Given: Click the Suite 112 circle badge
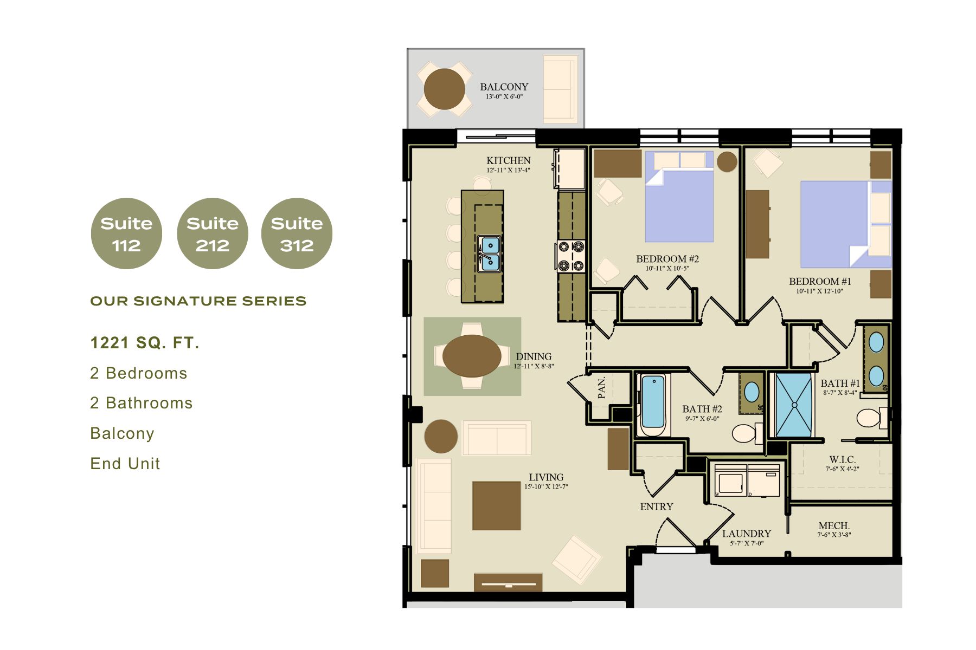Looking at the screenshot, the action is click(126, 233).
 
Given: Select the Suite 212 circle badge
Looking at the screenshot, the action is click(213, 233).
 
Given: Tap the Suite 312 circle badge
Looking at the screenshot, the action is click(297, 233).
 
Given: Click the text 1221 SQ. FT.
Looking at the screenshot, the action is click(145, 343).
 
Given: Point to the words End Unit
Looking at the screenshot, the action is click(125, 464).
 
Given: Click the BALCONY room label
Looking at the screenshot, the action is click(504, 87).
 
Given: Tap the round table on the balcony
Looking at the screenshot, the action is click(444, 89).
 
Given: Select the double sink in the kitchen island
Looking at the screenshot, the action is click(489, 253).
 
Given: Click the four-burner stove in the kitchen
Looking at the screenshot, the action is click(572, 256).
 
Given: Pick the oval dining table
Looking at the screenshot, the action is click(472, 356).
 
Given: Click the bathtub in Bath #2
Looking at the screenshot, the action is click(653, 405).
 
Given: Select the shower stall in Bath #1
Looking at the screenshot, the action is click(794, 405).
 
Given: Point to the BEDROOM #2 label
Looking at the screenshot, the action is click(667, 259).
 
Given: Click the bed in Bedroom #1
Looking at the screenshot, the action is click(846, 224).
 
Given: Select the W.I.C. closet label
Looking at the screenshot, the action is click(842, 460).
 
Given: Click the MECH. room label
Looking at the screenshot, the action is click(834, 526).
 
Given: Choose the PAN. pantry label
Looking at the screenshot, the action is click(601, 387).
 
